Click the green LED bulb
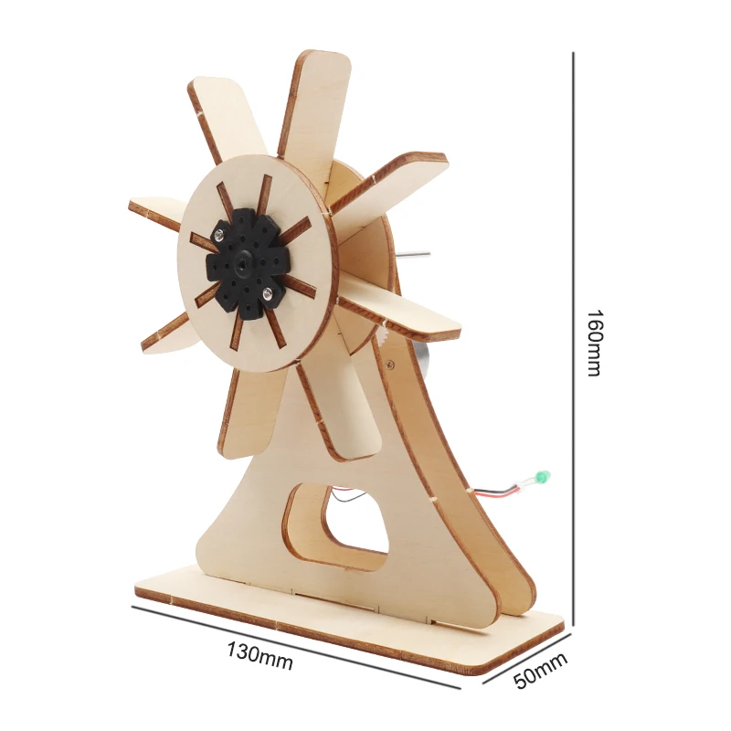click(543, 477)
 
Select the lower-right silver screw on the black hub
click(266, 292)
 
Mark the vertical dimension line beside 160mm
click(573, 338)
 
